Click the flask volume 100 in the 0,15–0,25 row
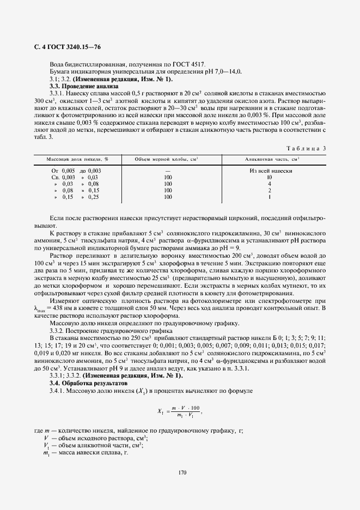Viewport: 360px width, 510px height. (x=168, y=197)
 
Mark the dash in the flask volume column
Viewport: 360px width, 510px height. (x=168, y=171)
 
